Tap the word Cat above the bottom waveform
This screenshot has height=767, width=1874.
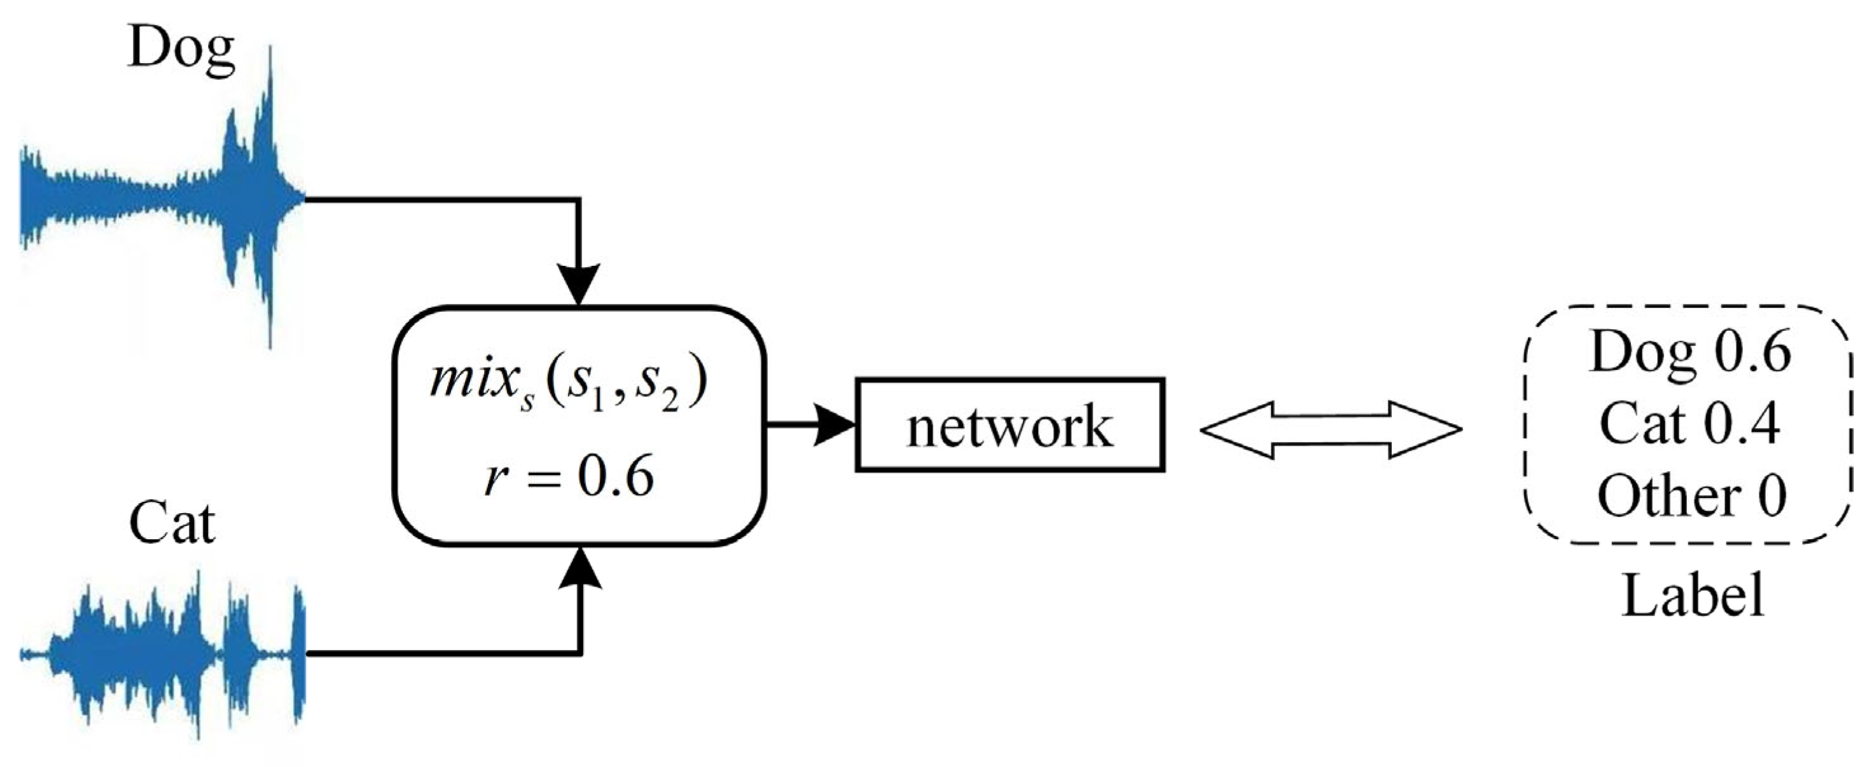point(172,523)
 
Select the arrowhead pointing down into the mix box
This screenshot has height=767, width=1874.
point(578,284)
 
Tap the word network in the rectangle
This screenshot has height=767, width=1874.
point(1010,427)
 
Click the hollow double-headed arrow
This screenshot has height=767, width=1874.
point(1331,430)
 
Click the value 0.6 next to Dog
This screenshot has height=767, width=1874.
point(1753,352)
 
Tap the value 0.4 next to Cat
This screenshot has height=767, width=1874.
point(1743,423)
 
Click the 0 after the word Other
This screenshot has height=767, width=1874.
point(1772,496)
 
